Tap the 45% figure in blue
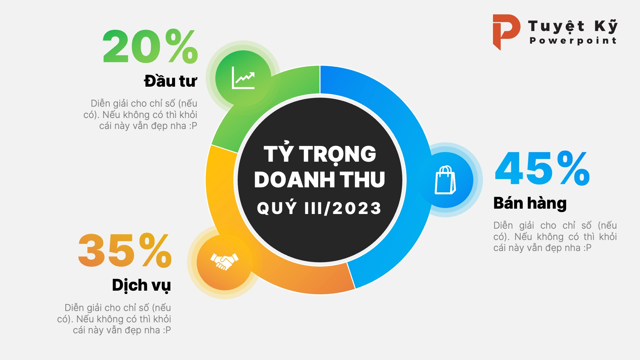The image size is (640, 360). tap(542, 168)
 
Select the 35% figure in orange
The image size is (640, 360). tap(125, 250)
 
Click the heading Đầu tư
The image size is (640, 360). tap(170, 81)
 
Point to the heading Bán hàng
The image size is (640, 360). tap(530, 203)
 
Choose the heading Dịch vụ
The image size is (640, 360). tap(141, 286)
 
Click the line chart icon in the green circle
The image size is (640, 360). tap(243, 78)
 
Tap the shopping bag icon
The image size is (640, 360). tap(445, 180)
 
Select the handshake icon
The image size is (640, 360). tap(224, 261)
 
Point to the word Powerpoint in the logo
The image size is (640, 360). tap(573, 41)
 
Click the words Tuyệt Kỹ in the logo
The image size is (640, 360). tap(573, 26)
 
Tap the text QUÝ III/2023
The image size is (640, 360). tap(319, 208)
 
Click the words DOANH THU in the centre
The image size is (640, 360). tap(320, 180)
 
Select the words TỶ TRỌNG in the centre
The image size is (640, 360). tap(320, 153)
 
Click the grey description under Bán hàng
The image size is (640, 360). tap(555, 237)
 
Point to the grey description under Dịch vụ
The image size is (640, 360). tap(114, 319)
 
